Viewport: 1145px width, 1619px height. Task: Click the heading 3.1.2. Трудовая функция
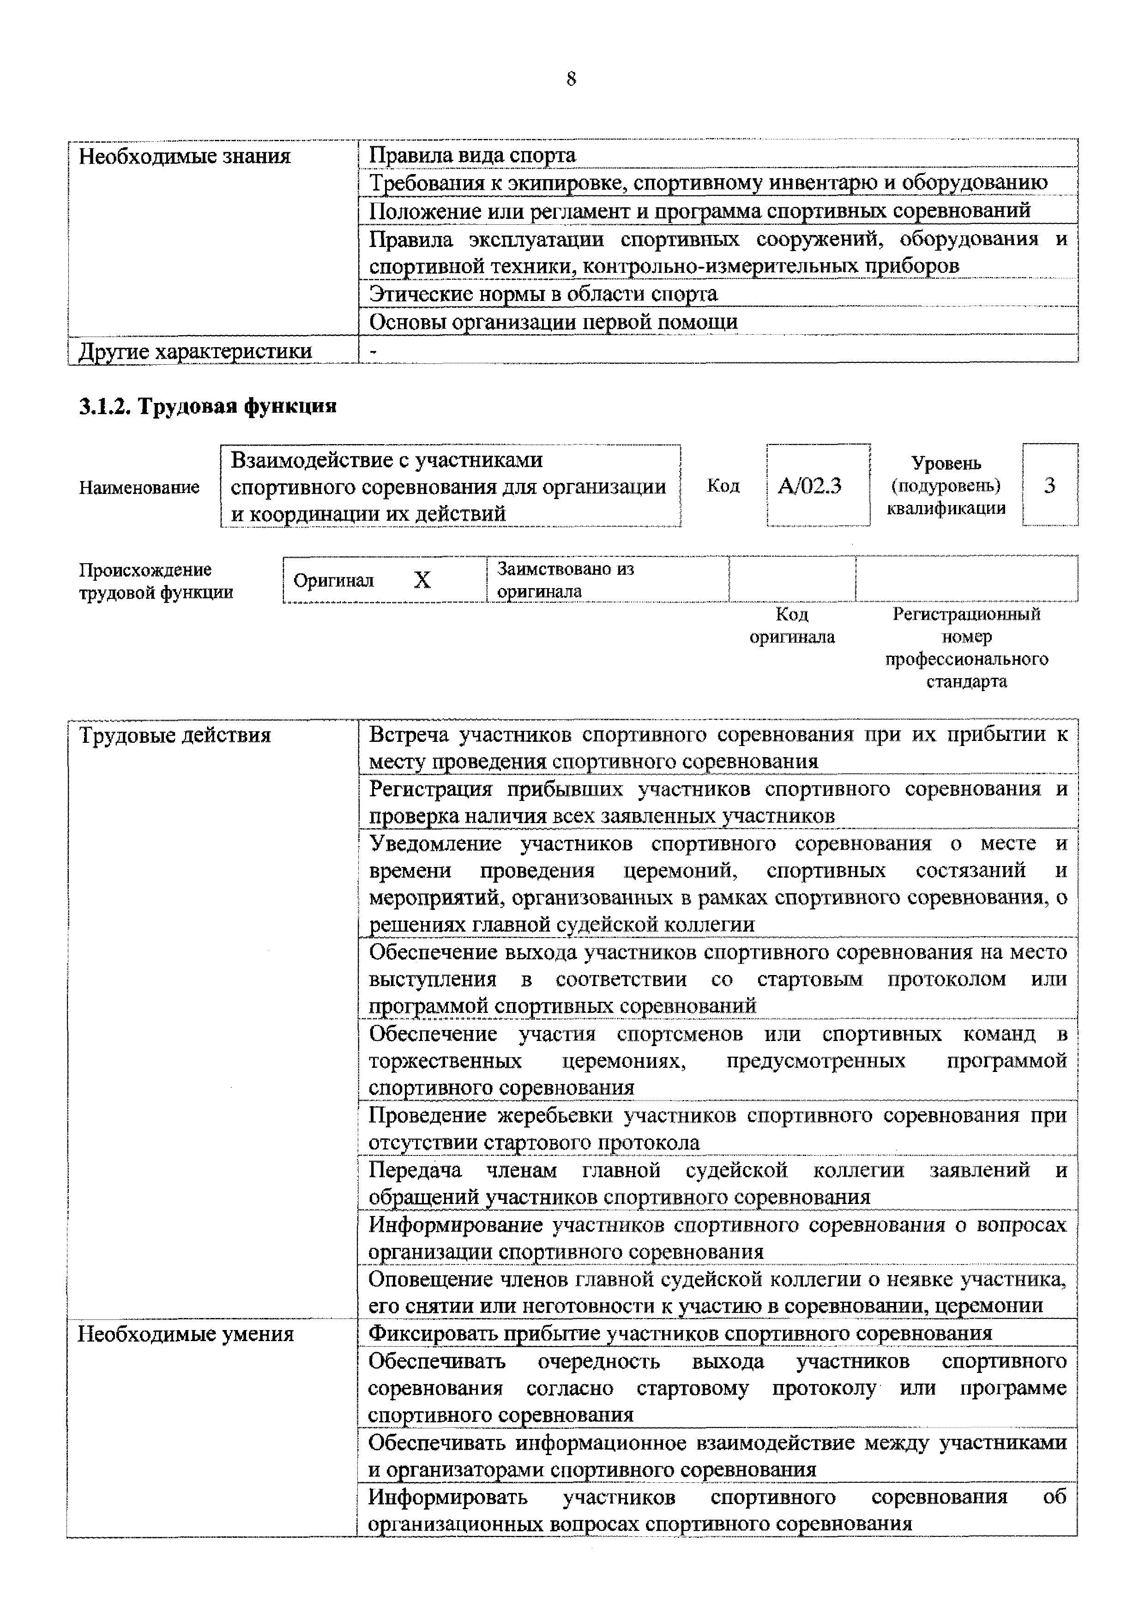coord(208,406)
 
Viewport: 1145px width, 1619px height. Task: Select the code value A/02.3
coord(809,486)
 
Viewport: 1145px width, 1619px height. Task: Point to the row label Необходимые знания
coord(185,156)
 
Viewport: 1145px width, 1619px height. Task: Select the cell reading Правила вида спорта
coord(472,155)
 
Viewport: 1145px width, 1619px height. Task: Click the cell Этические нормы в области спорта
coord(543,293)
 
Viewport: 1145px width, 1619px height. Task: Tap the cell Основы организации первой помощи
coord(554,322)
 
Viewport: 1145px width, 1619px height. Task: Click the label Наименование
coord(139,487)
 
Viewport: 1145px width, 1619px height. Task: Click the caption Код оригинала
coord(792,626)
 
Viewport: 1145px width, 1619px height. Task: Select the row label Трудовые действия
coord(175,735)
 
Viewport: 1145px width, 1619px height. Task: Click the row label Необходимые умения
coord(186,1334)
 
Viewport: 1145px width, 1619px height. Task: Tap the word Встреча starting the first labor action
coord(409,735)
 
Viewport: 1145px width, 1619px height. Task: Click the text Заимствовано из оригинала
coord(566,580)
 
